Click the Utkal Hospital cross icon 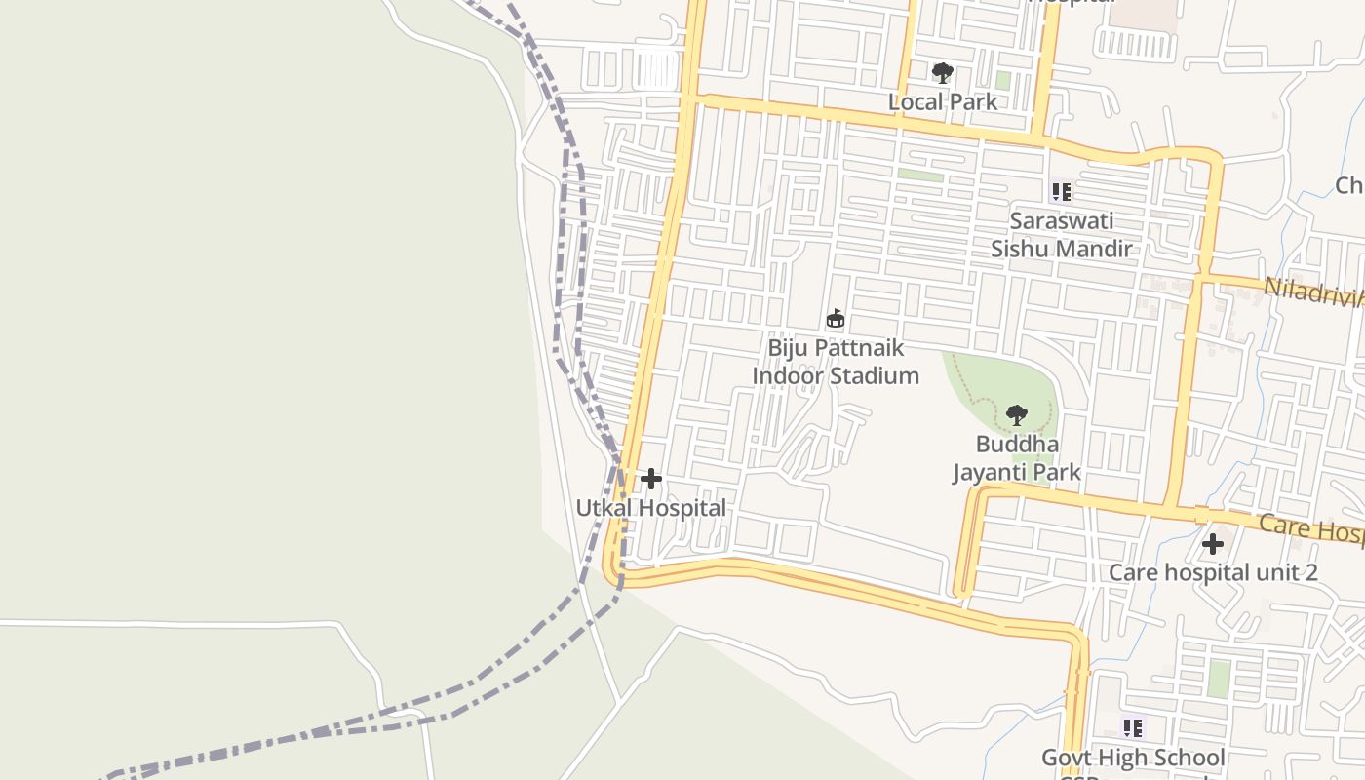[651, 479]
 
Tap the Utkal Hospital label [650, 508]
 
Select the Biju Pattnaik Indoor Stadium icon [836, 319]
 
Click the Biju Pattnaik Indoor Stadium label [836, 362]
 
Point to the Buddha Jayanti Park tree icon [1017, 415]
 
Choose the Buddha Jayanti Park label [1017, 458]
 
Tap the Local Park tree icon [942, 73]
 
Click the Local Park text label [943, 101]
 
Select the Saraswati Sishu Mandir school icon [1061, 192]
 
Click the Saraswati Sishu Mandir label [1062, 235]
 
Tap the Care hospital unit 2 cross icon [1213, 544]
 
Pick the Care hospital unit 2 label [1213, 572]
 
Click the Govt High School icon [1133, 728]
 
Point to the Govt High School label [1133, 758]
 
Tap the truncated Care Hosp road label [1312, 528]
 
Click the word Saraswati [1062, 220]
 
